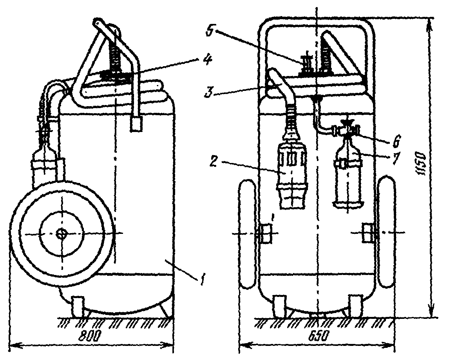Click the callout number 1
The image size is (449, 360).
[203, 279]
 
